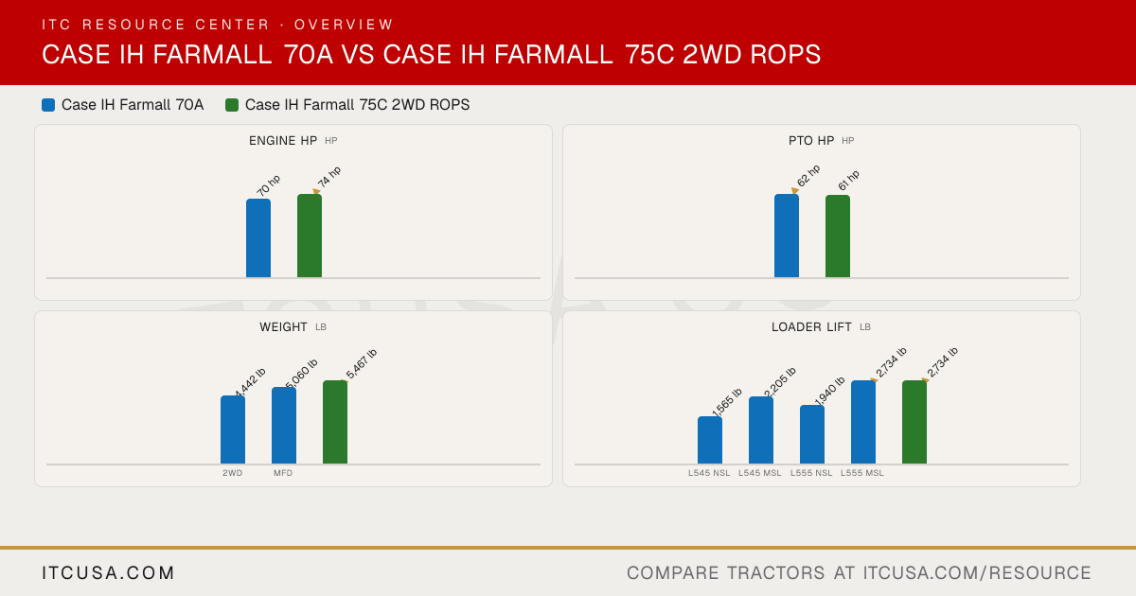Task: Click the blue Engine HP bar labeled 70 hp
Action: (258, 238)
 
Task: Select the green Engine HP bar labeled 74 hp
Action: (310, 236)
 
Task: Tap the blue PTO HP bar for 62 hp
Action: (787, 236)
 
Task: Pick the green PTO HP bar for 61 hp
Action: (838, 237)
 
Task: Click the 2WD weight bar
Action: (233, 429)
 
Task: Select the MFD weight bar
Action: (284, 426)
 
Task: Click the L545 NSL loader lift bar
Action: (710, 441)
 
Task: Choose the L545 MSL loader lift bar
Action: (761, 430)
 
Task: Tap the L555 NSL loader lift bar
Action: (812, 434)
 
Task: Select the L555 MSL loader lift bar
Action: (863, 422)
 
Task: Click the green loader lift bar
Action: (914, 422)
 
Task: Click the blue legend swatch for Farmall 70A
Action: (48, 105)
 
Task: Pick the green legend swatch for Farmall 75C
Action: (232, 105)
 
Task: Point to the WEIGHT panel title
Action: (283, 327)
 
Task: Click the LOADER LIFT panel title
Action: (811, 327)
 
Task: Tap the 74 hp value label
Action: (329, 177)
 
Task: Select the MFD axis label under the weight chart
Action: (283, 473)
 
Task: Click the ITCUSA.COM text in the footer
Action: (108, 572)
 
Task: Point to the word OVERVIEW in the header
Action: (344, 25)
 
